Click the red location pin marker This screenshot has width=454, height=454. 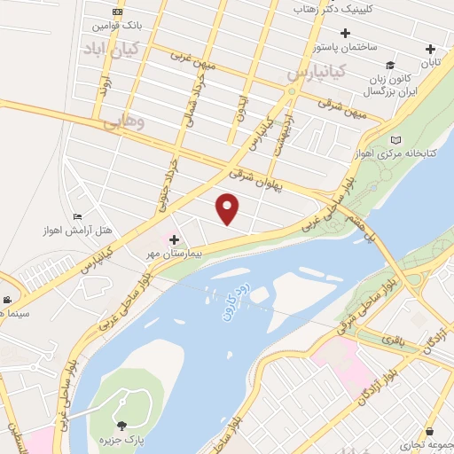click(x=229, y=208)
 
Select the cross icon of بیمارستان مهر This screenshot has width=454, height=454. click(x=174, y=239)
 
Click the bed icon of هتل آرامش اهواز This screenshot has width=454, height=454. click(x=77, y=216)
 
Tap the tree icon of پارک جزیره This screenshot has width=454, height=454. click(x=121, y=426)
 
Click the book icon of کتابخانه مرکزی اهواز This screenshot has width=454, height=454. click(x=395, y=141)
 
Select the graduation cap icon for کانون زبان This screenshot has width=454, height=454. click(x=390, y=66)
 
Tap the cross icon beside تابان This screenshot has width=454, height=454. click(x=431, y=49)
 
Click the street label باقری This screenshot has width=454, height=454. click(x=391, y=338)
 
